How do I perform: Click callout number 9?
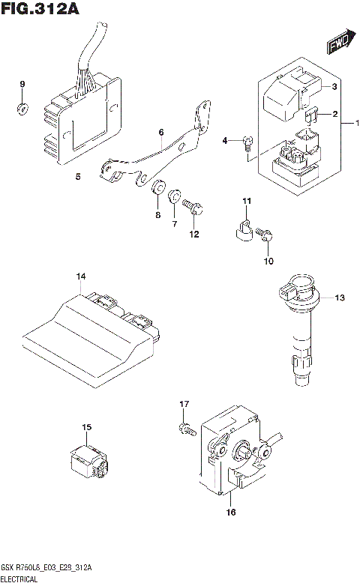pos(22,83)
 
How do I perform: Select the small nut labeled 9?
pos(22,109)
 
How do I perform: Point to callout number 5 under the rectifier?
pos(78,177)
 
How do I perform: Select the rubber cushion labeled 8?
pos(157,188)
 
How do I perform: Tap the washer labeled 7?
pos(175,197)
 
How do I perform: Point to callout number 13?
pos(340,298)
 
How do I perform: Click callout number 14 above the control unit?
pos(80,278)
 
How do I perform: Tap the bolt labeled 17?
pos(185,430)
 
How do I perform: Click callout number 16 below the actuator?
pos(230,513)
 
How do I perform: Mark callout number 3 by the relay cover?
pos(334,87)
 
